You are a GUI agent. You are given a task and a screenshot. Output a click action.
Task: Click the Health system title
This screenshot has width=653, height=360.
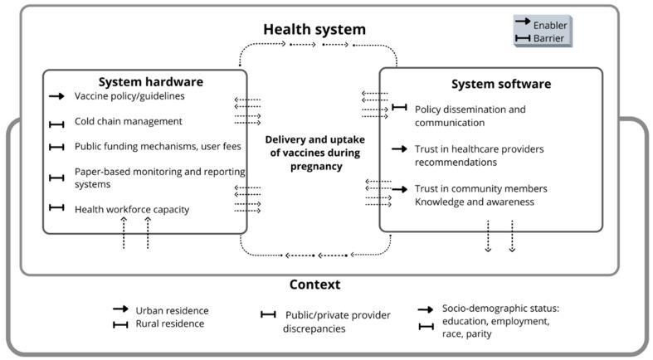pos(314,30)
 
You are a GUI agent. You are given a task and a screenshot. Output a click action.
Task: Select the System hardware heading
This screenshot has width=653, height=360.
pos(150,81)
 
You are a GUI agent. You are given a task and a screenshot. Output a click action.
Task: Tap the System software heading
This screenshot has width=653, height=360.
pos(500,84)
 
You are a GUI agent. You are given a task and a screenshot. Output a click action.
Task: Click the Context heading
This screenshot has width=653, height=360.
pos(314,285)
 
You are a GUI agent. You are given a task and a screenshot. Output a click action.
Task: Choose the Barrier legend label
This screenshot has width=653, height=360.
pos(549,38)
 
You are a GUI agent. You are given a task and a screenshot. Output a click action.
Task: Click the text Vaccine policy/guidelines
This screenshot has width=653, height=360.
pos(129,96)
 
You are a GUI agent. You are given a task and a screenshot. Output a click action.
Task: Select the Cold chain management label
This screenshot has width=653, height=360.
pos(128,121)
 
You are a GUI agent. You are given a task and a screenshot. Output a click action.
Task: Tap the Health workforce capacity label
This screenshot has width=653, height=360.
pos(131,209)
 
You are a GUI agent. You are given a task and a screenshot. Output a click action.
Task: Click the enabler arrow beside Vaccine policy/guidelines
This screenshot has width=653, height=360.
pos(56,97)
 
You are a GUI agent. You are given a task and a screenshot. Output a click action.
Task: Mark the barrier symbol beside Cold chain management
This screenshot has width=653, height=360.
pos(56,124)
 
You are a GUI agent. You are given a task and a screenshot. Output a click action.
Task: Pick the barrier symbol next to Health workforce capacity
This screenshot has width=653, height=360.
pos(56,207)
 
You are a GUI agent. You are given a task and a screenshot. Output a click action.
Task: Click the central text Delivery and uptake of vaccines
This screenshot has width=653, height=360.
pos(314,153)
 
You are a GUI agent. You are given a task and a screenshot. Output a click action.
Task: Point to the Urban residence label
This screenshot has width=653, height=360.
pos(171,310)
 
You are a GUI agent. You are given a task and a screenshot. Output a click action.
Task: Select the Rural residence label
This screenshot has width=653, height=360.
pos(170,324)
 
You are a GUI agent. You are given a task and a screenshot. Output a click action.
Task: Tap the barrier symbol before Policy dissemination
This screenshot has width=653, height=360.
pos(399,107)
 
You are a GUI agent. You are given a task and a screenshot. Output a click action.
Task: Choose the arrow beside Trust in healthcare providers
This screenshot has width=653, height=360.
pos(399,149)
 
